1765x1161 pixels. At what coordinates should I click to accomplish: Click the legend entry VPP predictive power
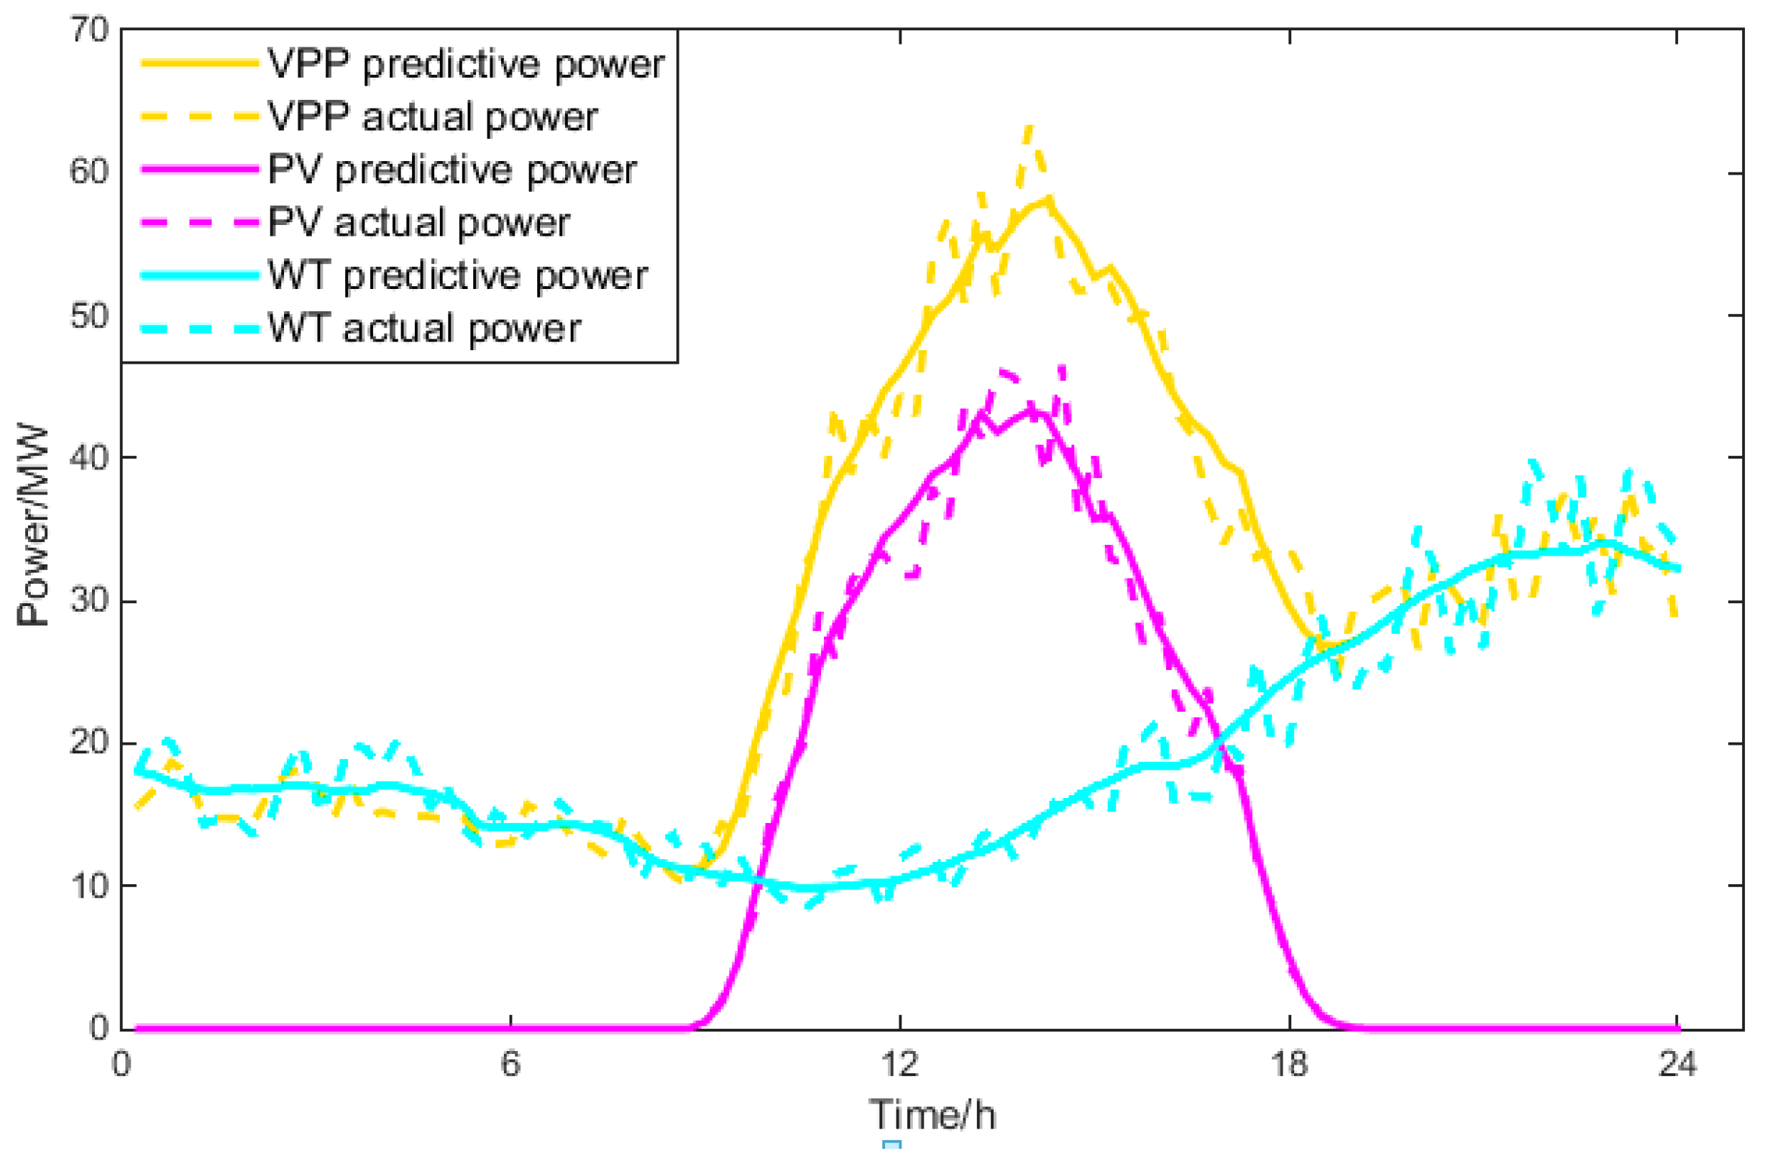pos(466,65)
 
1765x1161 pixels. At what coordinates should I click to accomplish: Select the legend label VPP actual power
pos(432,117)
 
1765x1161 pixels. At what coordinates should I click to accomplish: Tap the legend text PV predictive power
pos(451,170)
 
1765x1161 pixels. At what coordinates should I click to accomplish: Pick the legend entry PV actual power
pos(419,222)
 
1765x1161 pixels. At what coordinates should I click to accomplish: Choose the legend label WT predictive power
pos(457,276)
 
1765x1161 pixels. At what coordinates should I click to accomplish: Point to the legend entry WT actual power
pos(424,329)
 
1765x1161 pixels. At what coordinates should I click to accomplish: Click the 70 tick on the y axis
pos(89,30)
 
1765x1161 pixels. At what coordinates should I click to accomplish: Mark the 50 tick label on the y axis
pos(89,316)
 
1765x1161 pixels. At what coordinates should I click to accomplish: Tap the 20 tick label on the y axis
pos(89,742)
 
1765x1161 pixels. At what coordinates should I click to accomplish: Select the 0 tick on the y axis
pos(99,1027)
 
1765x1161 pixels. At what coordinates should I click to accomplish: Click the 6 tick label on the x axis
pos(510,1065)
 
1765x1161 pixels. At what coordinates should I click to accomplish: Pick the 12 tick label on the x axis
pos(899,1065)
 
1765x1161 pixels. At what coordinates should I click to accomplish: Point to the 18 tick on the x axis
pos(1289,1065)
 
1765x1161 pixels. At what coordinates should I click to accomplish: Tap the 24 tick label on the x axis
pos(1677,1065)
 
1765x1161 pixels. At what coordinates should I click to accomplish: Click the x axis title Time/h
pos(932,1115)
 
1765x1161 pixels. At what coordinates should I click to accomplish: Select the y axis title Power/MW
pos(33,526)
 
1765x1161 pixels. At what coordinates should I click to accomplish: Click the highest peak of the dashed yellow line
pos(1029,127)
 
